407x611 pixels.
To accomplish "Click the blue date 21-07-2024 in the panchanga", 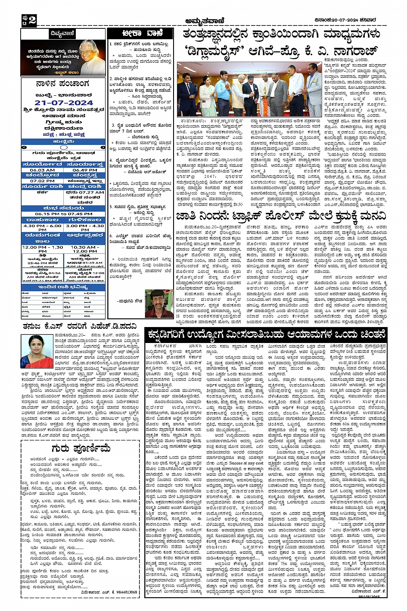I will (64, 103).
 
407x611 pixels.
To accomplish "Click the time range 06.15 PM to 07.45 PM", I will (63, 213).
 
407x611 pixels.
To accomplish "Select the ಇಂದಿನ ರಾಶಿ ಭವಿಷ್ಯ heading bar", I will (63, 287).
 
